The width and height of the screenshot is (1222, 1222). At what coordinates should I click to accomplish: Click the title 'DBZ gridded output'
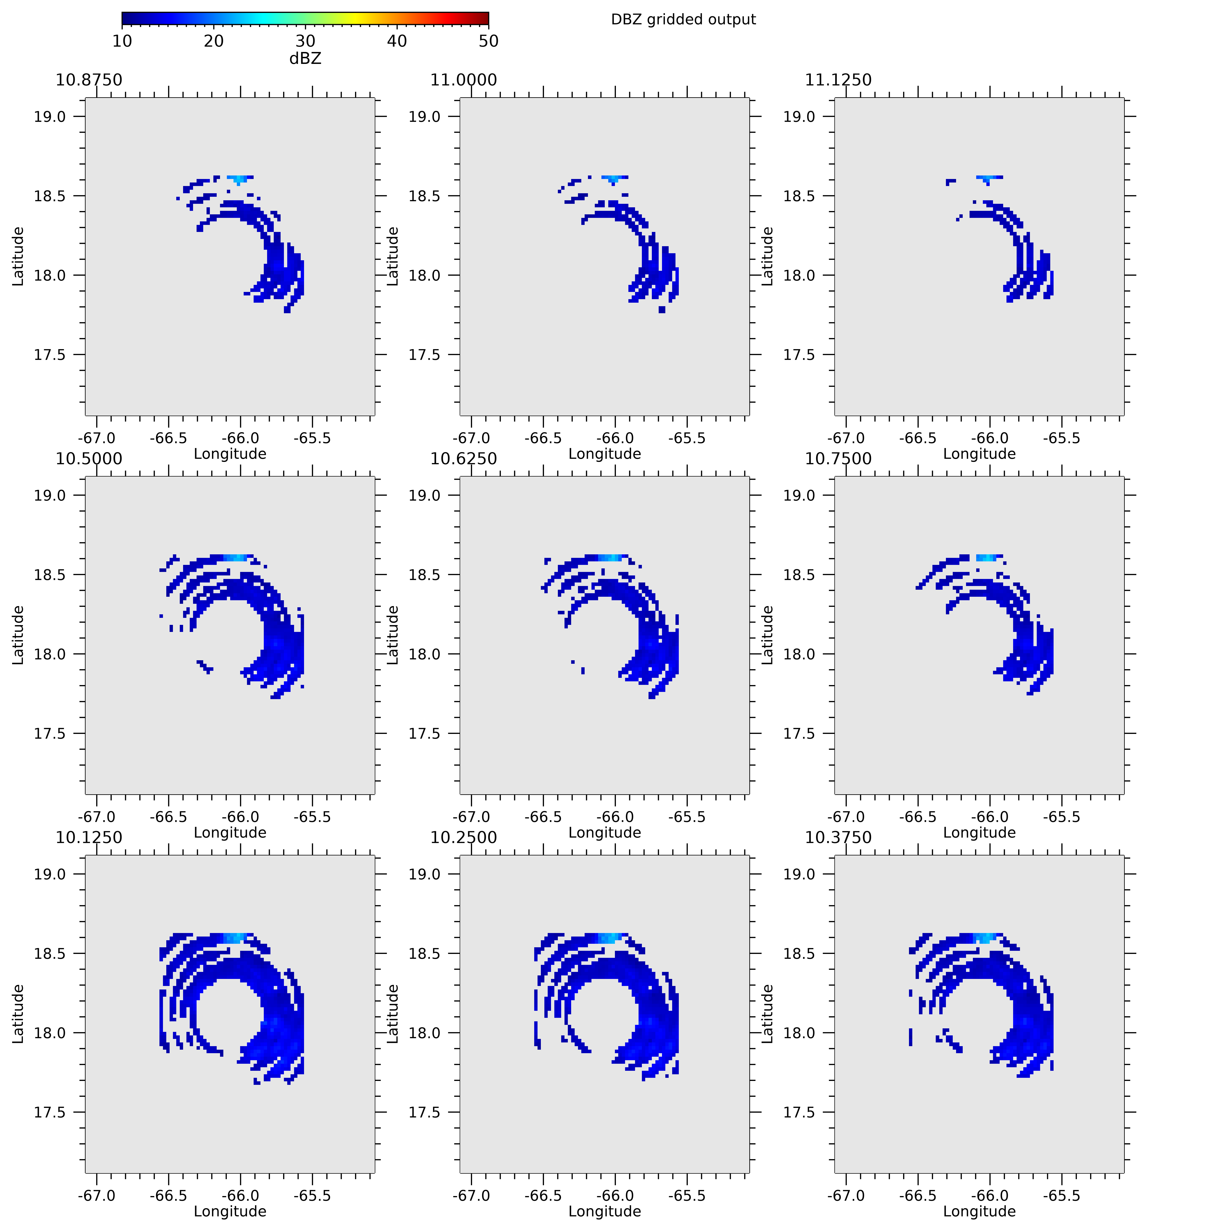(683, 20)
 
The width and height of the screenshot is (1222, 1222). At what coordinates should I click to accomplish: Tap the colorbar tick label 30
(305, 41)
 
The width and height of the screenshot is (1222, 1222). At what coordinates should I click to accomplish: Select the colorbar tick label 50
(488, 41)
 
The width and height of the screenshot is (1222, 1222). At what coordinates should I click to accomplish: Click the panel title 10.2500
(464, 837)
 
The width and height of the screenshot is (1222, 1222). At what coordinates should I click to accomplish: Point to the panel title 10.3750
(838, 837)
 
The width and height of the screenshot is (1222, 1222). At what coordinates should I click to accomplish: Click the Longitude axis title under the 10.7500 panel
(979, 832)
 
